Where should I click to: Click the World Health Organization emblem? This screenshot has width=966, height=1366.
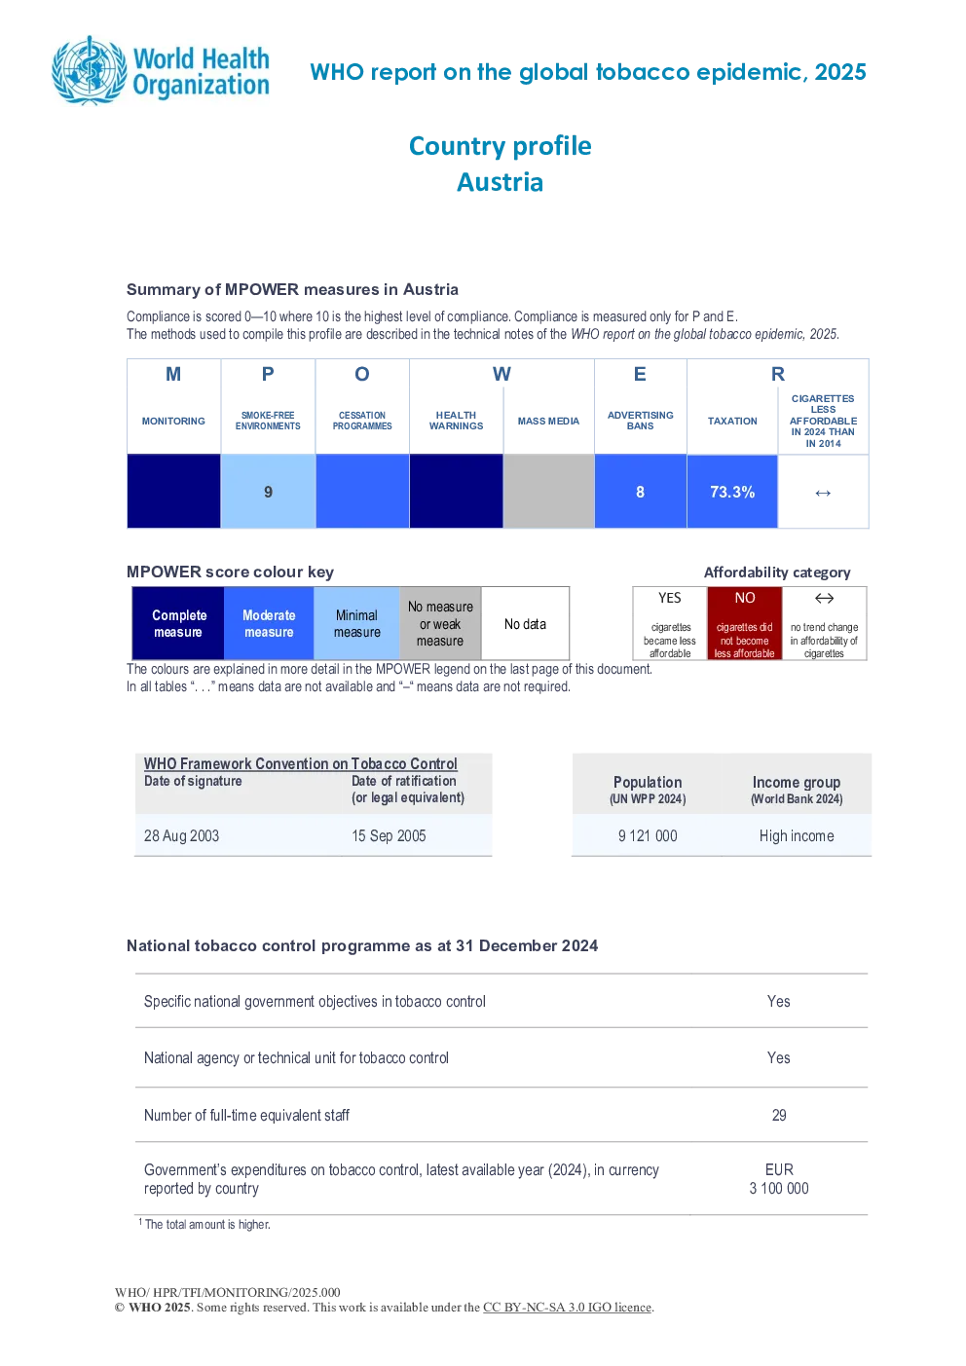point(90,70)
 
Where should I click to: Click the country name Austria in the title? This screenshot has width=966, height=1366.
point(501,182)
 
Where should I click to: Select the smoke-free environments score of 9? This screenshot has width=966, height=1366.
point(269,492)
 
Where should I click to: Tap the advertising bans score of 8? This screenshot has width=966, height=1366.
point(640,492)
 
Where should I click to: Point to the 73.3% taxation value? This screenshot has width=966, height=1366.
point(732,492)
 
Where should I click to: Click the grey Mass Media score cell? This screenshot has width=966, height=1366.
point(549,491)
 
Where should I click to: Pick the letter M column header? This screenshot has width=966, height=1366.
point(173,374)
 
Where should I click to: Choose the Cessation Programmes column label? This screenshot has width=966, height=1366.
point(361,421)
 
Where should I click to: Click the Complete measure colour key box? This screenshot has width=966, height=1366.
point(178,623)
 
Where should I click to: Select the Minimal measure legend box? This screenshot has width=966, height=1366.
point(356,623)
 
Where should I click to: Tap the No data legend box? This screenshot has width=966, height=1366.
point(525,623)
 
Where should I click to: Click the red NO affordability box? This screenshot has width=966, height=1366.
point(745,623)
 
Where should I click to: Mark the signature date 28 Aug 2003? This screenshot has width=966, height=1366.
point(181,835)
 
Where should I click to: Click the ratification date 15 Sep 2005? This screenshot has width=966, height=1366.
point(389,835)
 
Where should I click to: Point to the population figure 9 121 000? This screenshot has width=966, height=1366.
point(648,835)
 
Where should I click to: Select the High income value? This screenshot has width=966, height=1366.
point(797,835)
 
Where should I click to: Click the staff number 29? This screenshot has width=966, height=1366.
point(779,1115)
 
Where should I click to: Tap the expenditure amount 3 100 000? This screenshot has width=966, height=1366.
point(779,1188)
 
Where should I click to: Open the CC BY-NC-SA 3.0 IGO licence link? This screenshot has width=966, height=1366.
point(567,1307)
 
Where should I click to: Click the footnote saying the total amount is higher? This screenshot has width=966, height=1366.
point(204,1224)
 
